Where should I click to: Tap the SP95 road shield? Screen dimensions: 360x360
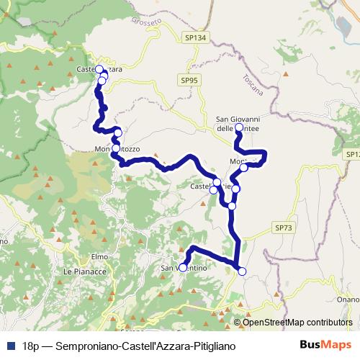[189, 81]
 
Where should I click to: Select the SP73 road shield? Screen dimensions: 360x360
[283, 228]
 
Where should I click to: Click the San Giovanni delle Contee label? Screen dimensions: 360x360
[238, 123]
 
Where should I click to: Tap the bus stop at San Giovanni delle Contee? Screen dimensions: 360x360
[239, 127]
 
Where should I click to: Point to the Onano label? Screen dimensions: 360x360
[347, 300]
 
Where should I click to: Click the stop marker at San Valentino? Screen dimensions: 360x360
[183, 268]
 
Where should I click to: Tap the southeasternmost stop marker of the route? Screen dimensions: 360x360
[242, 271]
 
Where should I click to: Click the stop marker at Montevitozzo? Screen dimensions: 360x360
[116, 149]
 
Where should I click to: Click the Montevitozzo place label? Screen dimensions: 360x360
[117, 149]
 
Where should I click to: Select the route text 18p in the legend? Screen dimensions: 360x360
[31, 346]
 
